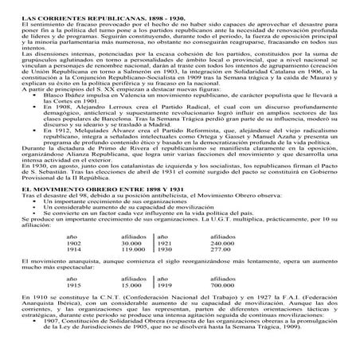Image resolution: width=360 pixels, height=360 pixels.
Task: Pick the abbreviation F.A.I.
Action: coord(272,295)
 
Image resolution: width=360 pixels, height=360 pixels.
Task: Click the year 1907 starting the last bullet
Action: coord(57,326)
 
